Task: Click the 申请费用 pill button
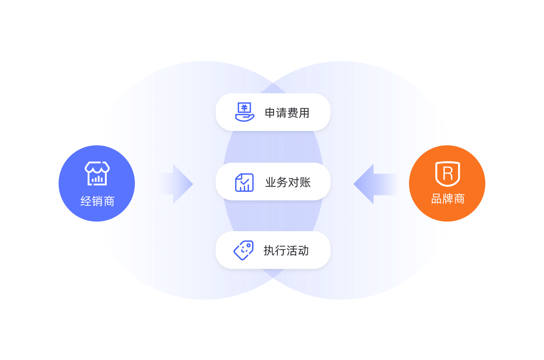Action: point(273,112)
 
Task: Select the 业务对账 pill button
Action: point(273,182)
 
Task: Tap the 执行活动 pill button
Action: point(273,250)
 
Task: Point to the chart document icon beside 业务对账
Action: point(244,182)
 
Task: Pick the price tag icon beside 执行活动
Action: point(244,250)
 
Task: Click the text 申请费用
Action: point(287,113)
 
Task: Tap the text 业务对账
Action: point(288,182)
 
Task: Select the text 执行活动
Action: point(286,250)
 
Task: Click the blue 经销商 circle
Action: point(97,183)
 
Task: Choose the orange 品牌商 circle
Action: point(447,183)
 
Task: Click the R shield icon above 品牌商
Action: point(447,173)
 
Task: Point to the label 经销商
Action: point(98,201)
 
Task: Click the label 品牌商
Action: point(448,199)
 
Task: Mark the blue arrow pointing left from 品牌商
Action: point(375,184)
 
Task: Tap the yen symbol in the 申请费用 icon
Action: point(244,108)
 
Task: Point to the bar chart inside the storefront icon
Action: point(98,179)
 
